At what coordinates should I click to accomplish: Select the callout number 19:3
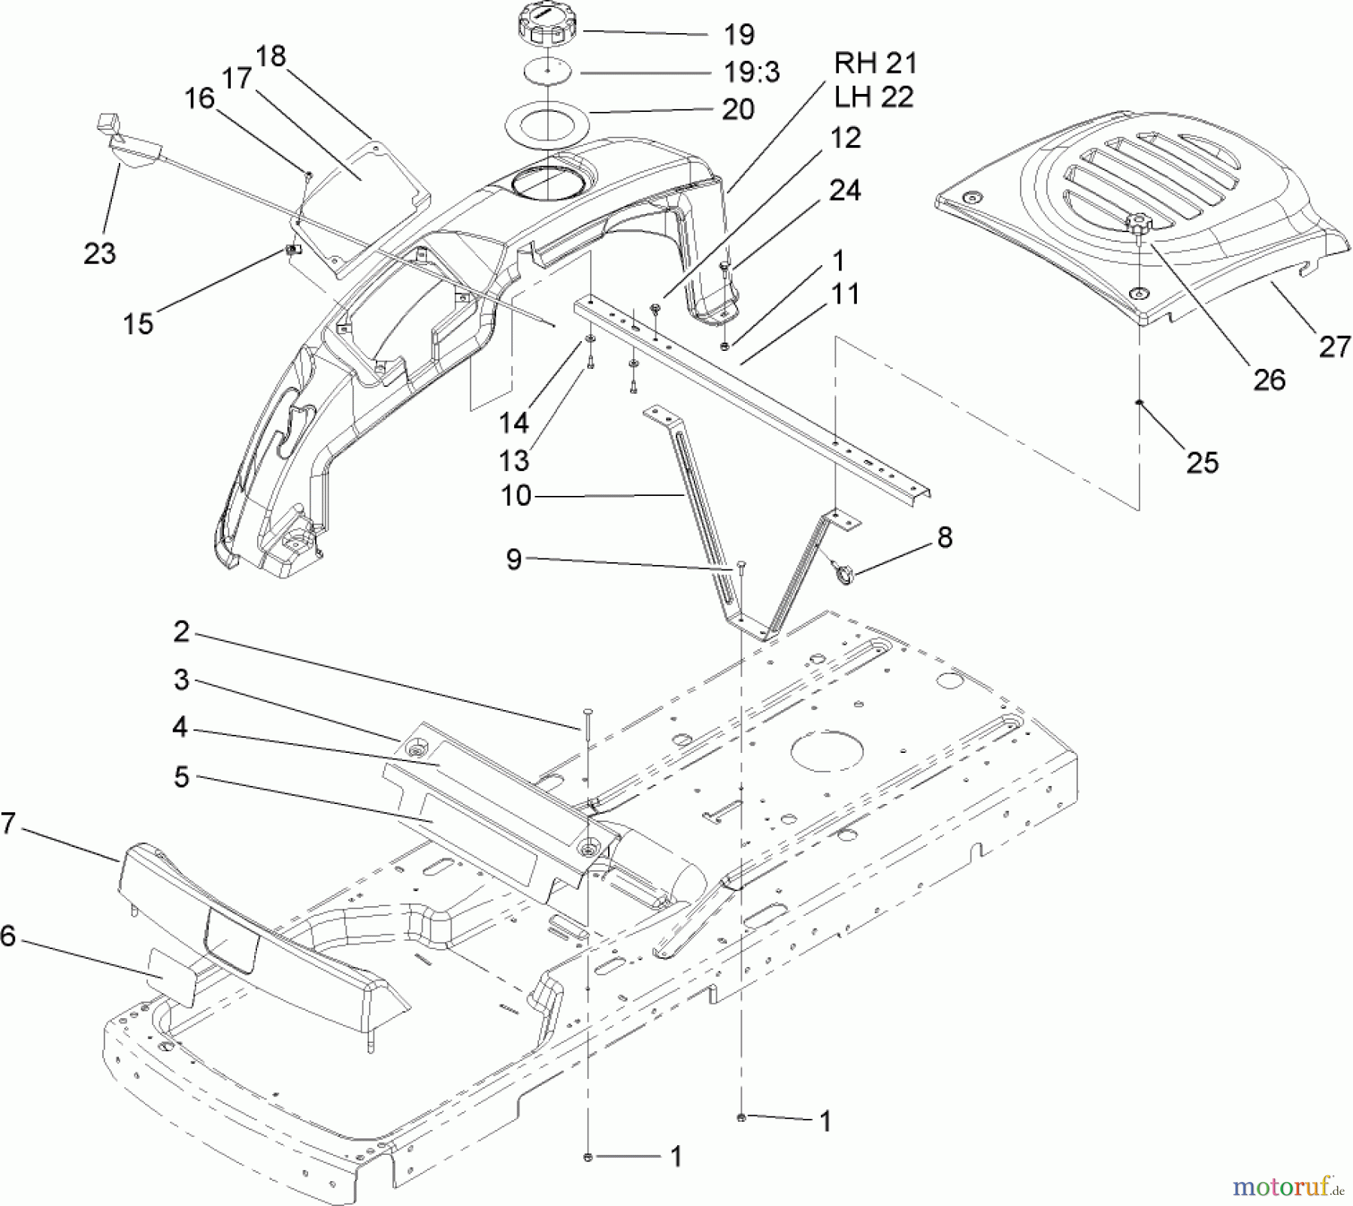(751, 72)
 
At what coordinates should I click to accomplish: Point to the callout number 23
(100, 253)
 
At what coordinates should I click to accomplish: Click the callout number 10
(516, 495)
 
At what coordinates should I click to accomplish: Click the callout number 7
(8, 823)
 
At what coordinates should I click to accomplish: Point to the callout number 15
(138, 324)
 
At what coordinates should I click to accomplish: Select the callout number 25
(1201, 461)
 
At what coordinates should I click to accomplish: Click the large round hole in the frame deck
(828, 750)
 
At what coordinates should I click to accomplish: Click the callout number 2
(181, 631)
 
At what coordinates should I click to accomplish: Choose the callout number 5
(181, 777)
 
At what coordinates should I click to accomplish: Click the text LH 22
(874, 97)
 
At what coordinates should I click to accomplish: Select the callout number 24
(845, 190)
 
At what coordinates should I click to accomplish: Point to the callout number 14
(514, 423)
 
